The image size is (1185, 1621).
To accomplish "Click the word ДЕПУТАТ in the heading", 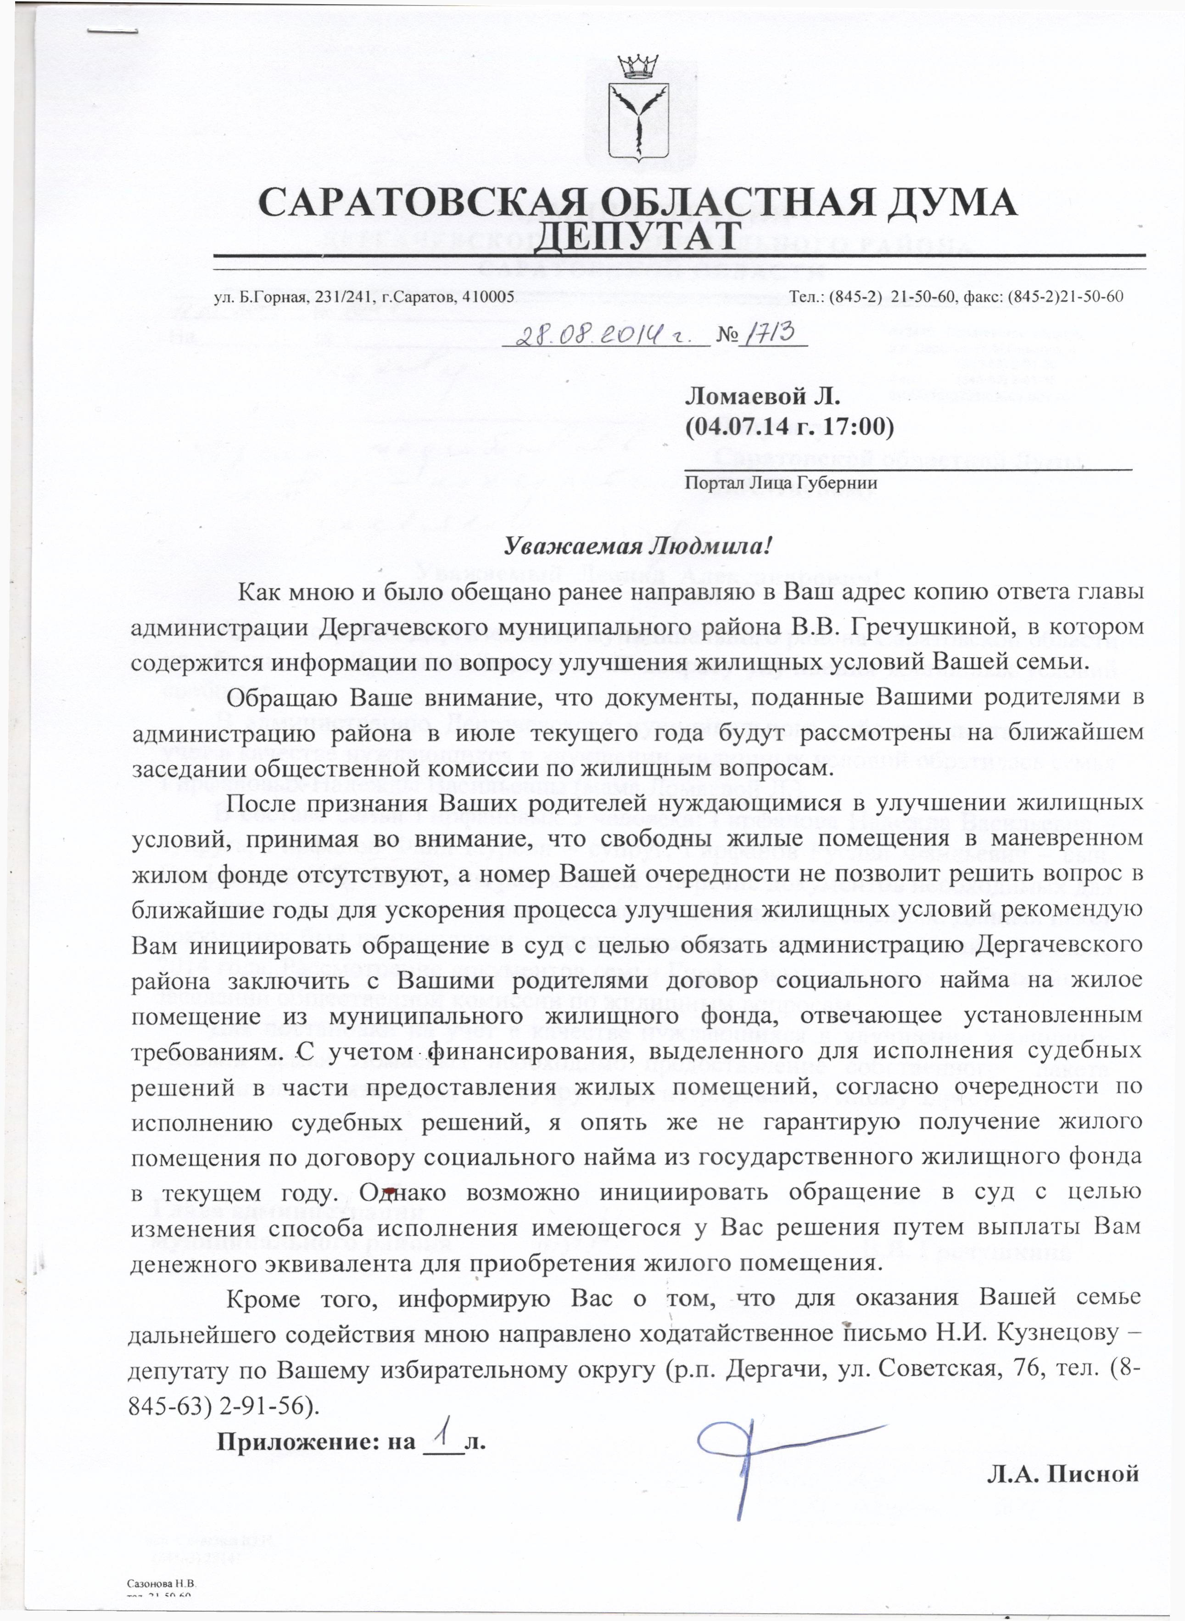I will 637,236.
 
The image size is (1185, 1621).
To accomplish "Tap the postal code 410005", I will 488,296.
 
